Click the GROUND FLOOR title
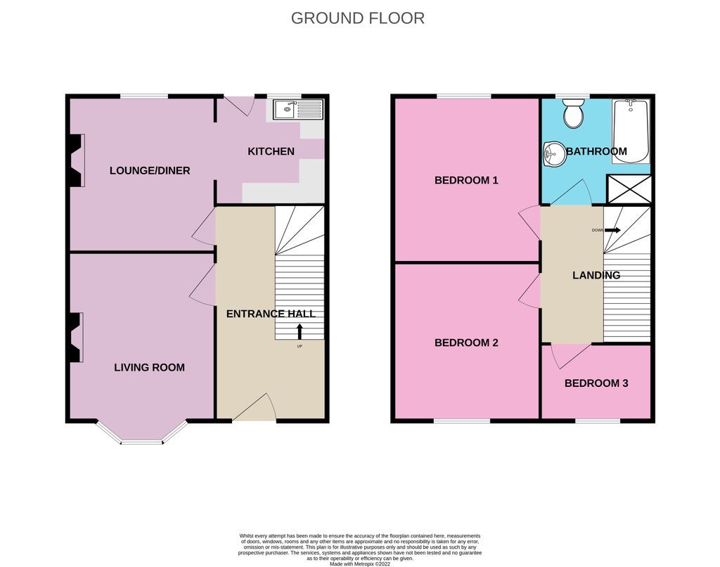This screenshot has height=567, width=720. coord(358,18)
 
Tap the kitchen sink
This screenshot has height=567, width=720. coord(298,109)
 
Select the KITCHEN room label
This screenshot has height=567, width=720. coord(271,151)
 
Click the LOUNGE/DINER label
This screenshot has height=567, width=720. coord(150,170)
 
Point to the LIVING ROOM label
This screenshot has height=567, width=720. coord(150,367)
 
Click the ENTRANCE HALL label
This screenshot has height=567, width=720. coord(271,314)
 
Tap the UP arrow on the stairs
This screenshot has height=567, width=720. coord(300,331)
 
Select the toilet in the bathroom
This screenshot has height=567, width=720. coord(574,113)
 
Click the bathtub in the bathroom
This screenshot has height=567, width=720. coord(630,131)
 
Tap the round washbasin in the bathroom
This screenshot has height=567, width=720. coord(554,153)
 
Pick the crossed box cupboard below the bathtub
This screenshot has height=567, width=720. coord(628,189)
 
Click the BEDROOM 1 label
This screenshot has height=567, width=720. coord(466,180)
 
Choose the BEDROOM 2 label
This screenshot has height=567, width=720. coord(466,343)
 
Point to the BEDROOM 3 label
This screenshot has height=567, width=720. coord(596,383)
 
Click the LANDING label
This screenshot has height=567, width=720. coord(596,275)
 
